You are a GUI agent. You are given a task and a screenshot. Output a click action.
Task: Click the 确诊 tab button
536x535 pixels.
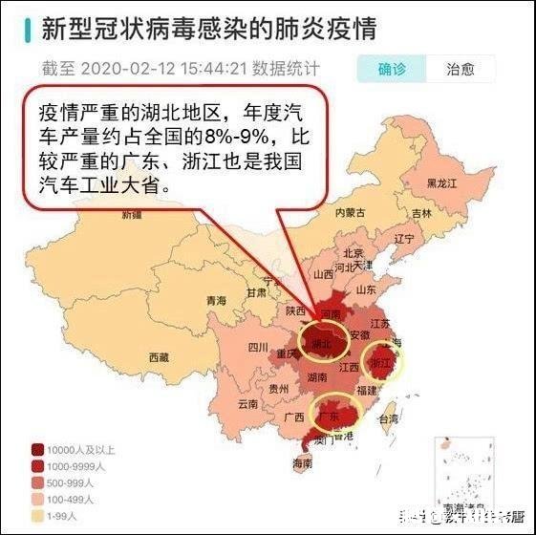pyautogui.click(x=392, y=69)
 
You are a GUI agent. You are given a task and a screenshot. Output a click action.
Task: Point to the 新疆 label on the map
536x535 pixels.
pyautogui.click(x=132, y=216)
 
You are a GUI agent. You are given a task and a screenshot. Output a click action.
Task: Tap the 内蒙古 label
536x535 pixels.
pyautogui.click(x=351, y=213)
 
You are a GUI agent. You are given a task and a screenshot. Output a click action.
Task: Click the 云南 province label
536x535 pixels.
pyautogui.click(x=248, y=404)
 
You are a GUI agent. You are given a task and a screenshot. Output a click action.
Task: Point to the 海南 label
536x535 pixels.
pyautogui.click(x=302, y=463)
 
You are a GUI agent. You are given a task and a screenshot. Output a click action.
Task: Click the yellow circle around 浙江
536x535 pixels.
pyautogui.click(x=383, y=361)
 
